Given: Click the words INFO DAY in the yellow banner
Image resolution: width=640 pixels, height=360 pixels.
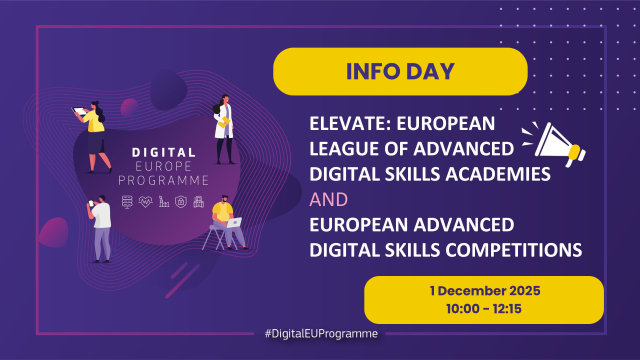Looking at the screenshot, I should (x=400, y=72).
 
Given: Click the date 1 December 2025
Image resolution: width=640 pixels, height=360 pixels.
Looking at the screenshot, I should (x=483, y=290).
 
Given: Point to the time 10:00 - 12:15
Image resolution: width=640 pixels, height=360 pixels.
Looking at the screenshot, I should (x=483, y=307).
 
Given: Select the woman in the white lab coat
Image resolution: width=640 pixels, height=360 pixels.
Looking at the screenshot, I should (x=223, y=130).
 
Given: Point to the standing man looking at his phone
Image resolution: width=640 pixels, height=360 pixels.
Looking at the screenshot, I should (x=101, y=228).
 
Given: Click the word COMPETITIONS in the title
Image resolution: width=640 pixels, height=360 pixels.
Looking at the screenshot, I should (x=494, y=244).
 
